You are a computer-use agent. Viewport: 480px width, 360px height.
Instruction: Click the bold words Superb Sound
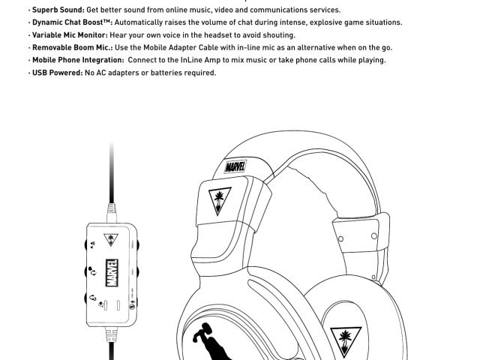(58, 10)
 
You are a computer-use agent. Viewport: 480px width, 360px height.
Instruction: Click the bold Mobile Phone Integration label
(78, 60)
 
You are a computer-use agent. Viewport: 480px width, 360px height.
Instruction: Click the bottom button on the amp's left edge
(88, 299)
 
